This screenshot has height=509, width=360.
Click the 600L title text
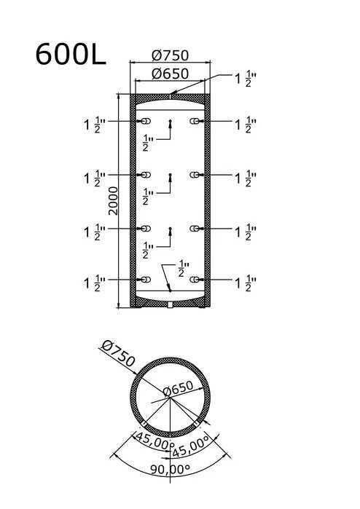click(71, 54)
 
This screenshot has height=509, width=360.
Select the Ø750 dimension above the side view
click(170, 55)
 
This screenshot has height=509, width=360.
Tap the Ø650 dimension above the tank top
click(170, 74)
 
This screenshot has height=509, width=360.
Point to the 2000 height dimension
click(114, 200)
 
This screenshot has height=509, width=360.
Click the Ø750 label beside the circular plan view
click(118, 354)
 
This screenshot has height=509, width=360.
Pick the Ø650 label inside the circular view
click(178, 388)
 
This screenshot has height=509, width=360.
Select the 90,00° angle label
click(171, 469)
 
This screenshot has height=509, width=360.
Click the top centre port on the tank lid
click(170, 96)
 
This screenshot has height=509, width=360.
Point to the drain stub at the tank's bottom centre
click(171, 305)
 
